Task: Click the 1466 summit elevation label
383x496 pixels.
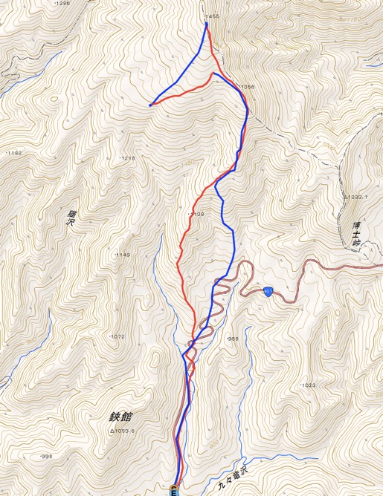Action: [x=212, y=16]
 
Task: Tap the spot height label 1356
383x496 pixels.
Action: [x=247, y=87]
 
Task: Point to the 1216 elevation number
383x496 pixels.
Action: [x=128, y=158]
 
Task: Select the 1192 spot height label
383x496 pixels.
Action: [x=14, y=153]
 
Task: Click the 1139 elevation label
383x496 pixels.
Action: [x=196, y=214]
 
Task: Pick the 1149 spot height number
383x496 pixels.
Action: [x=123, y=255]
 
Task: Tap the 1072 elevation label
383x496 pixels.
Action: [x=117, y=336]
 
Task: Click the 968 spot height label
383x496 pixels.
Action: [x=233, y=339]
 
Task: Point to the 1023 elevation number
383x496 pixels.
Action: [x=309, y=385]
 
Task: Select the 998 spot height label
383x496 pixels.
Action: [x=46, y=456]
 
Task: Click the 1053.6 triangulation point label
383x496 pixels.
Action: [x=126, y=431]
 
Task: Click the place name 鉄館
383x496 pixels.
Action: [x=124, y=417]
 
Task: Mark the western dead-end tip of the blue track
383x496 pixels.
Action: [x=150, y=105]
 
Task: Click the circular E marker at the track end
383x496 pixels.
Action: [x=176, y=490]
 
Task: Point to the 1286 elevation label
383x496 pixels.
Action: [x=62, y=4]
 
